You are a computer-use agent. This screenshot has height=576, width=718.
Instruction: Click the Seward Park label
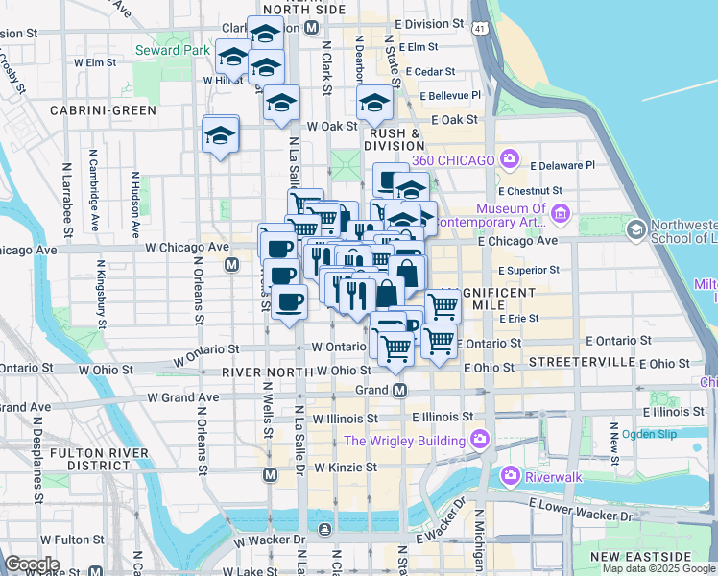tap(173, 50)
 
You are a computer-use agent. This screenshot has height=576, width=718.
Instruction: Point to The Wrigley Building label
tap(405, 441)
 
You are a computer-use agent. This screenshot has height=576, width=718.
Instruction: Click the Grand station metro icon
tap(400, 390)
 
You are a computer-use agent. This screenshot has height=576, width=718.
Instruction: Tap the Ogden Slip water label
tap(650, 434)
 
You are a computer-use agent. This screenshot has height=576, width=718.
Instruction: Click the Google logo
tap(33, 564)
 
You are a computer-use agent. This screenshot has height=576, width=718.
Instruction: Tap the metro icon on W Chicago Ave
tap(230, 264)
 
